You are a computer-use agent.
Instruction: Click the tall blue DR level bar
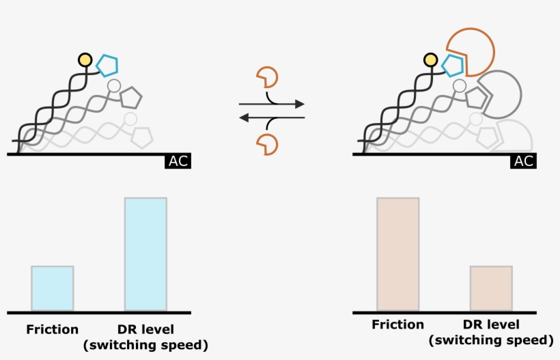pos(145,254)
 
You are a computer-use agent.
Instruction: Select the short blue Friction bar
pos(53,288)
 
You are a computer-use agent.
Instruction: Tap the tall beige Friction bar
pos(397,254)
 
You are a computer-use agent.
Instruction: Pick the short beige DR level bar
pos(491,288)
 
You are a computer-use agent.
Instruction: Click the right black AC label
pos(523,162)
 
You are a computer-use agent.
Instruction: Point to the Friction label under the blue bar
pos(53,329)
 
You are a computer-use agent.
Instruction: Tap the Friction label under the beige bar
pos(398,324)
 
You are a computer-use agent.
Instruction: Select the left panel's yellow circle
pos(85,60)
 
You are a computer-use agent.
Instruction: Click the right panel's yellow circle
pos(431,60)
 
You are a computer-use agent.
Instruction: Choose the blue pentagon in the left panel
pos(107,65)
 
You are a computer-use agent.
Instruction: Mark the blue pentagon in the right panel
pos(452,65)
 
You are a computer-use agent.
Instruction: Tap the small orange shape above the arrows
pos(266,77)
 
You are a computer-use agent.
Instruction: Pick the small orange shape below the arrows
pos(266,144)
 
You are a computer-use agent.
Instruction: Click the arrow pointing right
pos(273,105)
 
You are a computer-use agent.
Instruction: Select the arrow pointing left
pos(270,117)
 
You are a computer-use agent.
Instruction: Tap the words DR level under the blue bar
pos(145,329)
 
